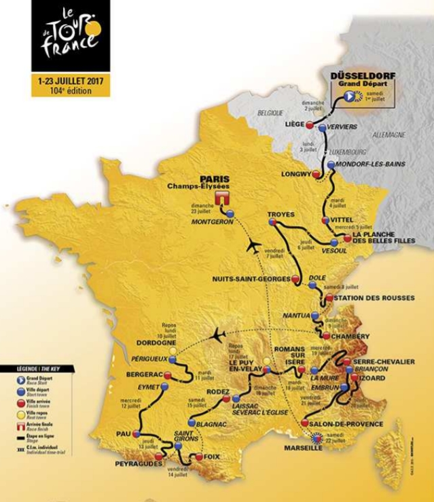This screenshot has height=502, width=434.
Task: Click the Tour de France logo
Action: (x=70, y=35)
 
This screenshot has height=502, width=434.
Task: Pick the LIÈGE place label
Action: (x=292, y=126)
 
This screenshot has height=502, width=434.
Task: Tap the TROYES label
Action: (x=281, y=214)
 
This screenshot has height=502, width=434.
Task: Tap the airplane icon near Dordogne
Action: (x=219, y=334)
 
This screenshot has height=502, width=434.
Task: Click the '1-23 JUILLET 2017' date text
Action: (x=70, y=79)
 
